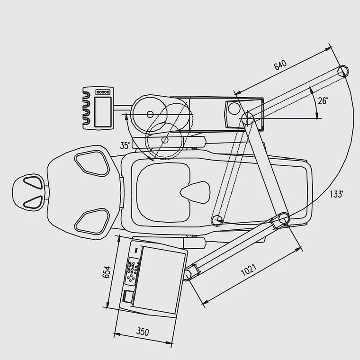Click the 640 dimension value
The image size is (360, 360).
point(280,65)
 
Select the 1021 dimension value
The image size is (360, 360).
point(249,270)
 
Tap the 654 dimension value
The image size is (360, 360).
point(107,272)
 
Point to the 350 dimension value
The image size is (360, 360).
point(143,332)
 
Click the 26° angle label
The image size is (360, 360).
point(323,100)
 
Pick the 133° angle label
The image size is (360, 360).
point(336,194)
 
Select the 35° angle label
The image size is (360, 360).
point(125,145)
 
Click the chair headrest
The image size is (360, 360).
point(28,192)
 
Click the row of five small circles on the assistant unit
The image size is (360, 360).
point(103,92)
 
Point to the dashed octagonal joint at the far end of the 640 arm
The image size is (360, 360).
point(343,71)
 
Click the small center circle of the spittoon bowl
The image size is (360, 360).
point(150,114)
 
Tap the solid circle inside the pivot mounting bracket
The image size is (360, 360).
point(234,108)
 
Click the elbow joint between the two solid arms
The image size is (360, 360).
point(284,218)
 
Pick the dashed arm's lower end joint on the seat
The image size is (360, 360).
point(217,220)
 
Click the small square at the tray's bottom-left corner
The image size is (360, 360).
point(128,296)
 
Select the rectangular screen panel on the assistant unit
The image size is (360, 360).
point(103,112)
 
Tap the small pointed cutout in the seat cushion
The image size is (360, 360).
point(195,192)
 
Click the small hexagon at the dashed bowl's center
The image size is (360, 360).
point(165,140)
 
